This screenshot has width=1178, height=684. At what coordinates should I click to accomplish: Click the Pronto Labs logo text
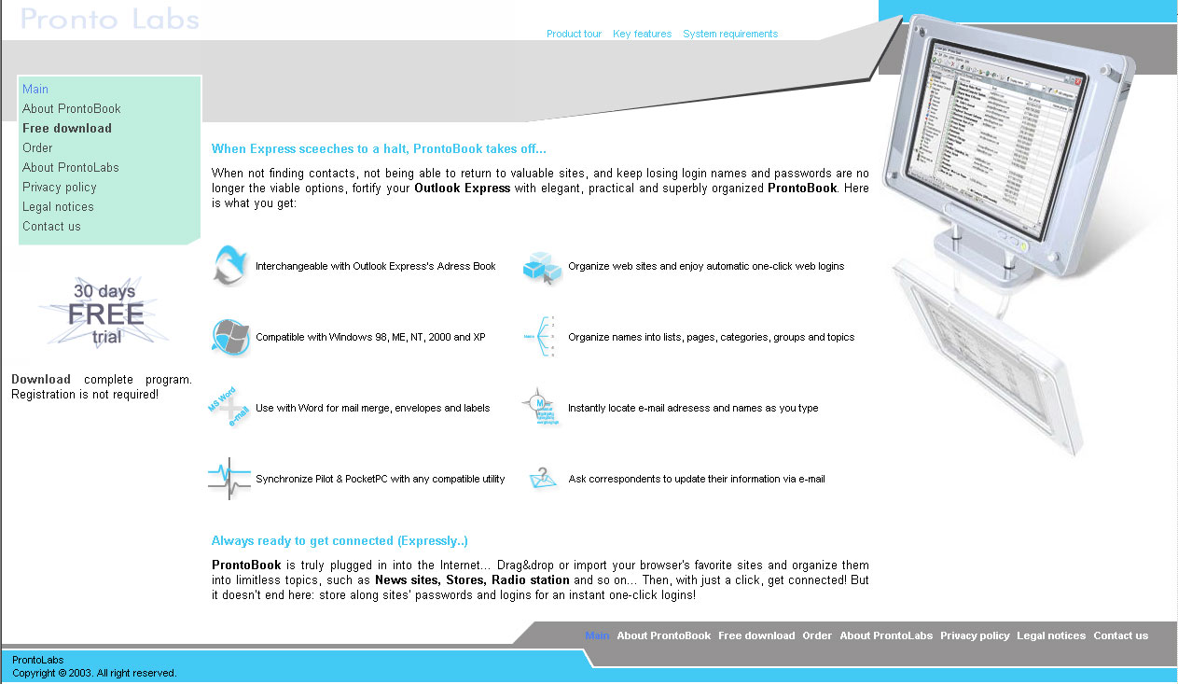109,19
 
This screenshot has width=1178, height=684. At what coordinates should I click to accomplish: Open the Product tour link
574,34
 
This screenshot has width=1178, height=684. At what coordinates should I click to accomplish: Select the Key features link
642,34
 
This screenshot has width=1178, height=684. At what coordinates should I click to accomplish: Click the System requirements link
729,34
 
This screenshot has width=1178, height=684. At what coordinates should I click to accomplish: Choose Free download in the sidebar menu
66,129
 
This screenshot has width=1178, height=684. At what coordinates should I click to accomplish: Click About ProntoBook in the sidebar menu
71,109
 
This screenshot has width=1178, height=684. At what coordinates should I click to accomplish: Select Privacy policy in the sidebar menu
59,188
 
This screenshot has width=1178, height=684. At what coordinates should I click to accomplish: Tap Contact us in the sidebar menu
51,227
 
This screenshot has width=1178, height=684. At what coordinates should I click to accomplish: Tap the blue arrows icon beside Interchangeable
229,265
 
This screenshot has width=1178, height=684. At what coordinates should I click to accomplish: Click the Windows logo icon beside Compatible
230,337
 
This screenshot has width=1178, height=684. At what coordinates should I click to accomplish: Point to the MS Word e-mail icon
229,408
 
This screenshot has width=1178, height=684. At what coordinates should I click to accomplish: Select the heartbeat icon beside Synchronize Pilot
229,479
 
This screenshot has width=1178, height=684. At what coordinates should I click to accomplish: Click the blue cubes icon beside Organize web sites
541,266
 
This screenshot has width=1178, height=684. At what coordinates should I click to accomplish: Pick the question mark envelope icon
542,478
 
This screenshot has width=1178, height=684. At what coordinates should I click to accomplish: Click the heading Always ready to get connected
340,541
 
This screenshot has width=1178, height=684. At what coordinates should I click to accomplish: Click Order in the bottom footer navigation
817,635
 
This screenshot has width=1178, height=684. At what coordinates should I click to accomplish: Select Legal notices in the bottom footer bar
1051,635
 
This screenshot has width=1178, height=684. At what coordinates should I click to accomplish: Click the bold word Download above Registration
41,380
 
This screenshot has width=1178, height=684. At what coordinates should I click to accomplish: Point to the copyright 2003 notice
94,673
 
